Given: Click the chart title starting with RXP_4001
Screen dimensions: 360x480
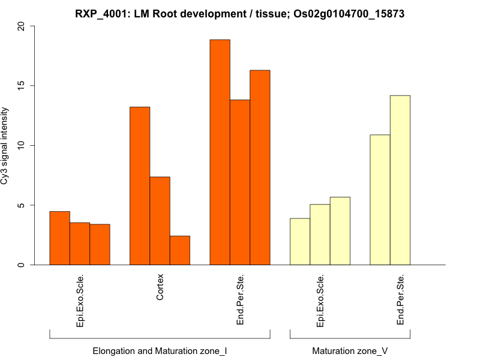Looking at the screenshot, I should click(239, 13).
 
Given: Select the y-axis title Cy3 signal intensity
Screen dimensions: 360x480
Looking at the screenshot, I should click(5, 146).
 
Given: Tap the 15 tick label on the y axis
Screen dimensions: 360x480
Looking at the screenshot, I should click(22, 86).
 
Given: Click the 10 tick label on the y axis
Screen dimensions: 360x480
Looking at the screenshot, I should click(22, 145).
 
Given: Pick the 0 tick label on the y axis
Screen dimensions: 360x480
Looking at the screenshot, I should click(22, 265).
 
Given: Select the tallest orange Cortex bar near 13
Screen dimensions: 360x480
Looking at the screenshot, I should click(140, 186).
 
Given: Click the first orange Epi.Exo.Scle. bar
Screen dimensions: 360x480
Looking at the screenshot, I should click(59, 238).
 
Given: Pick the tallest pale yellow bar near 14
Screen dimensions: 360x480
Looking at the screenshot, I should click(400, 180).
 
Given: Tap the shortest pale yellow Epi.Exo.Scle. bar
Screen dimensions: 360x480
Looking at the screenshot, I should click(300, 241).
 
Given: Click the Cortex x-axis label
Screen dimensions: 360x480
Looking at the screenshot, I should click(160, 287).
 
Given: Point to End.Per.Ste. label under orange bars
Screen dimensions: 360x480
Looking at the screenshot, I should click(240, 300).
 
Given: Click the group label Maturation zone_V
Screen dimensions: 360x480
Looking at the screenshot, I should click(350, 350).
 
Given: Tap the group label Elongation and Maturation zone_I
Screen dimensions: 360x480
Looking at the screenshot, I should click(160, 350).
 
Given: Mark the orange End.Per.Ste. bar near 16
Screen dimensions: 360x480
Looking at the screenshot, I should click(260, 167).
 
